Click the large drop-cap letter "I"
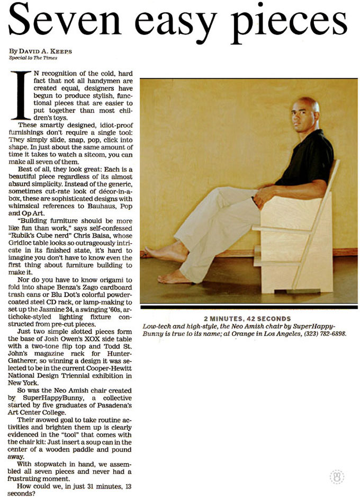[21, 95]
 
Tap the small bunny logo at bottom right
[337, 475]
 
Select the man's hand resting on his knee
[263, 198]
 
